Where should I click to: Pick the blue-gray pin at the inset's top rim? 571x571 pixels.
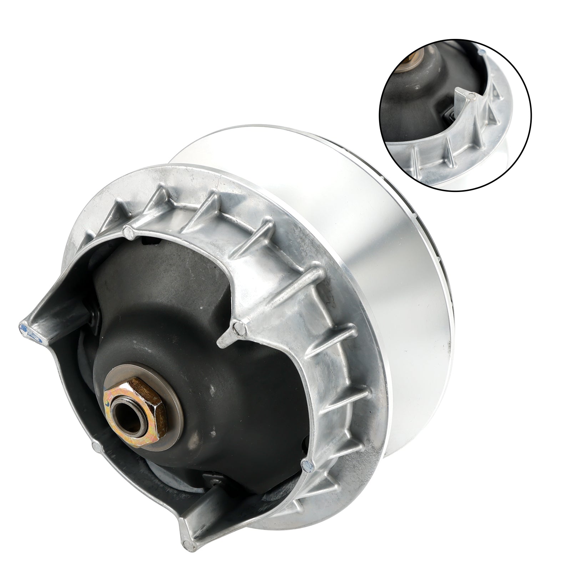point(482,52)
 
